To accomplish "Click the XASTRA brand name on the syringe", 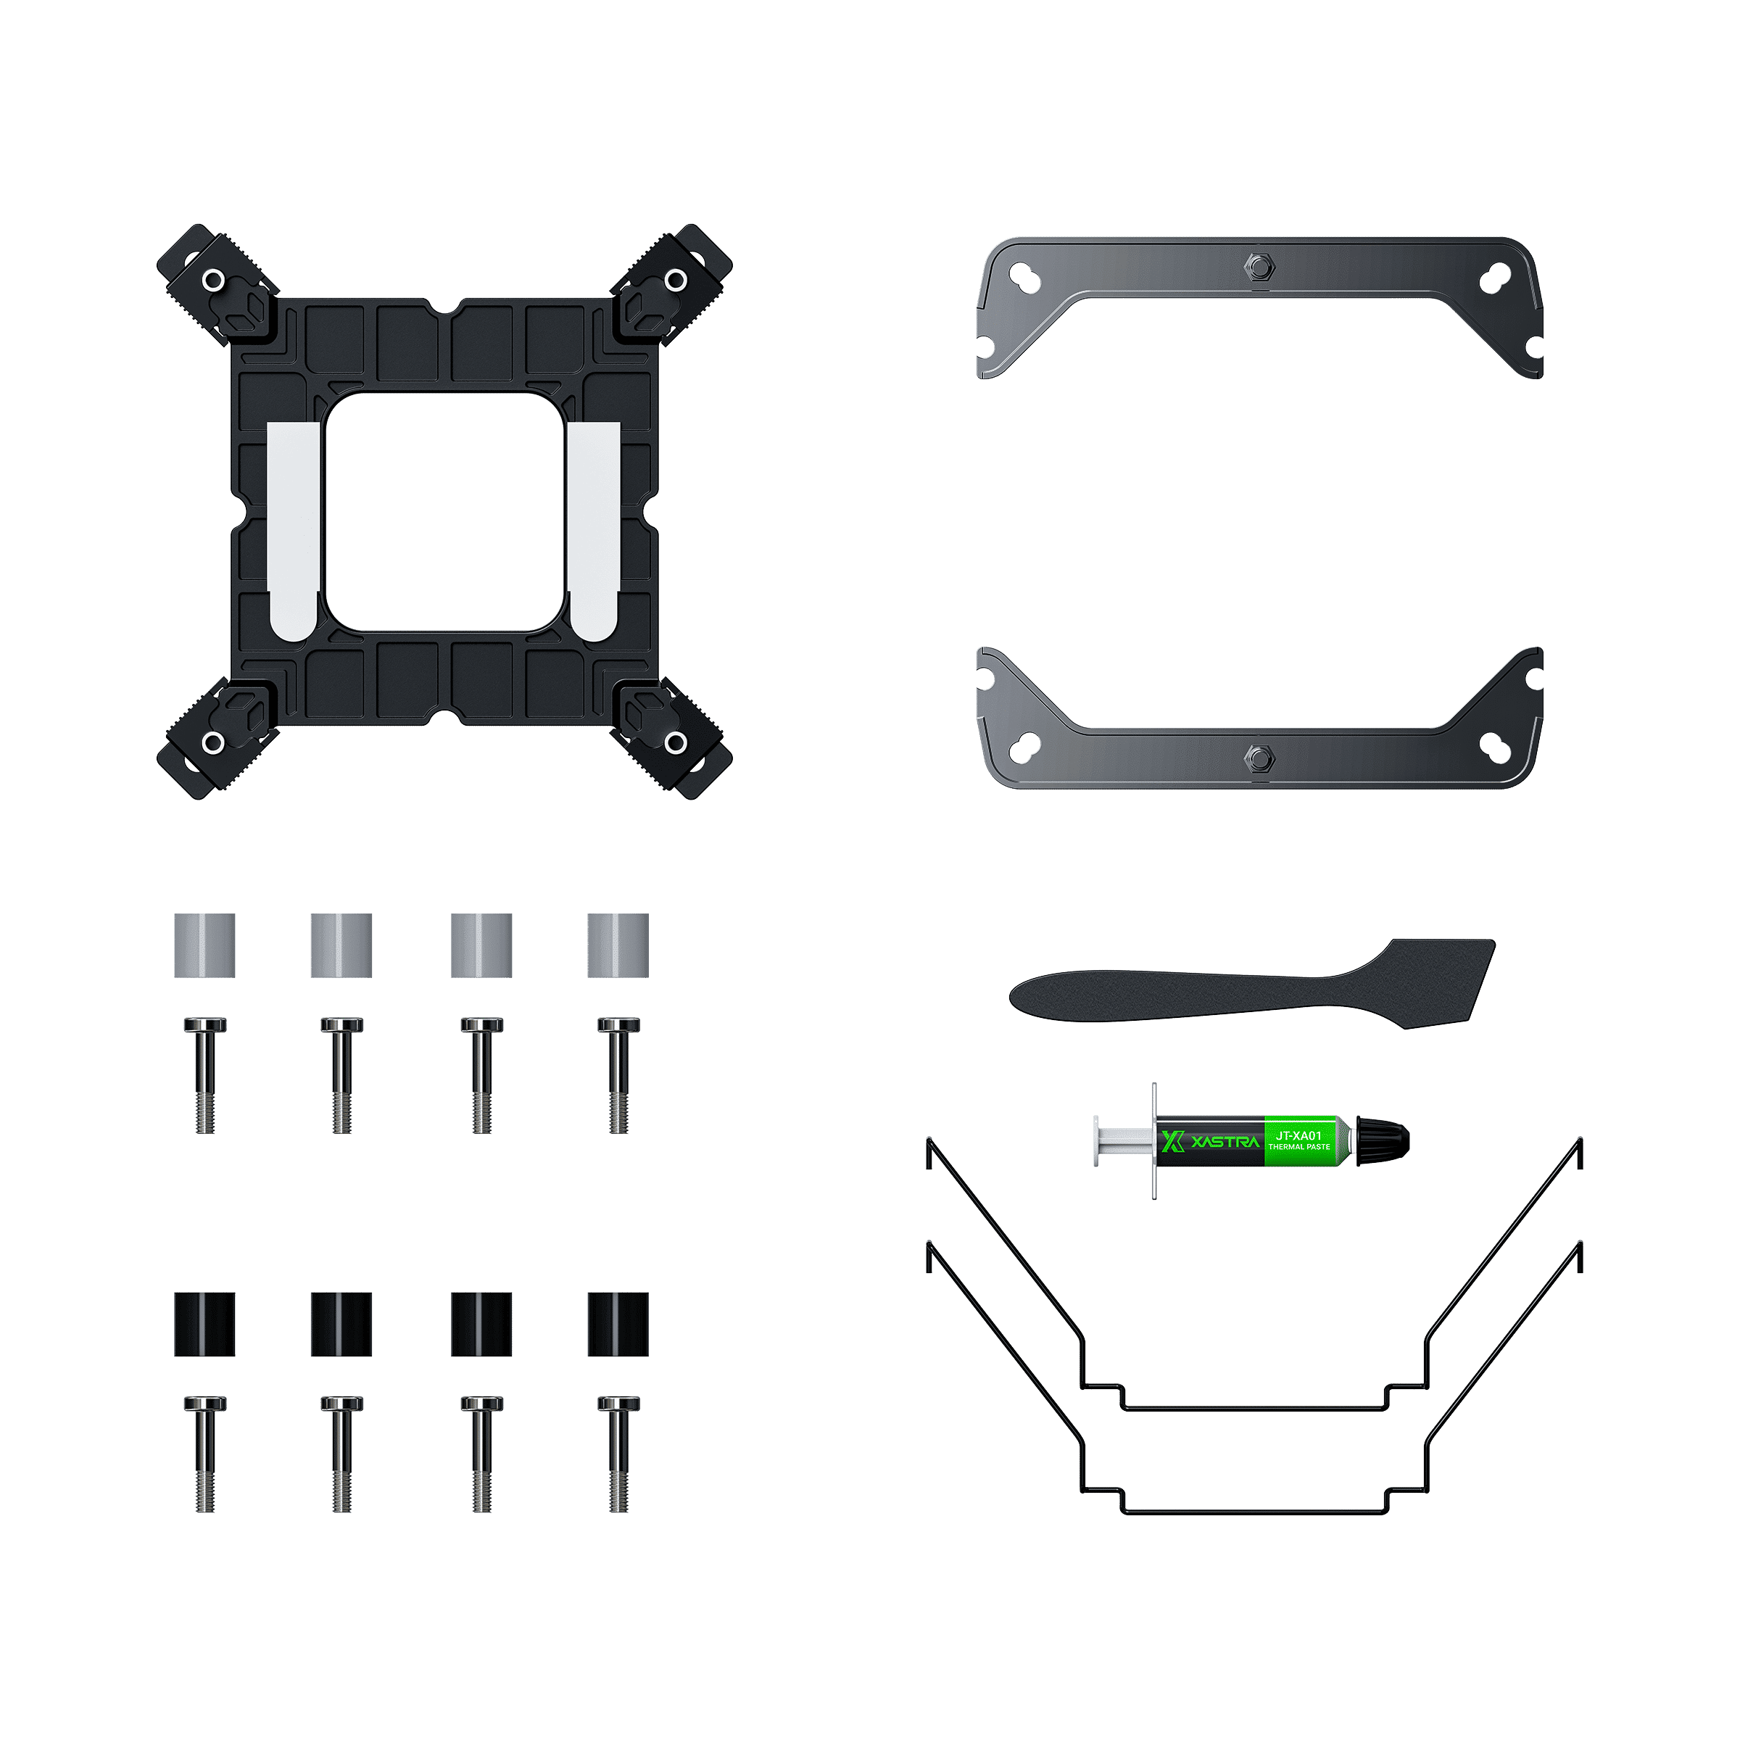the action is (x=1225, y=1142).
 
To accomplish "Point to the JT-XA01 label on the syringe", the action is (x=1298, y=1135).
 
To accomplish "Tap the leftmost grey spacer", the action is (x=204, y=945).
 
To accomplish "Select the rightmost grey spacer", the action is (x=618, y=945).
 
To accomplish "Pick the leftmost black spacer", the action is (x=204, y=1324).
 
